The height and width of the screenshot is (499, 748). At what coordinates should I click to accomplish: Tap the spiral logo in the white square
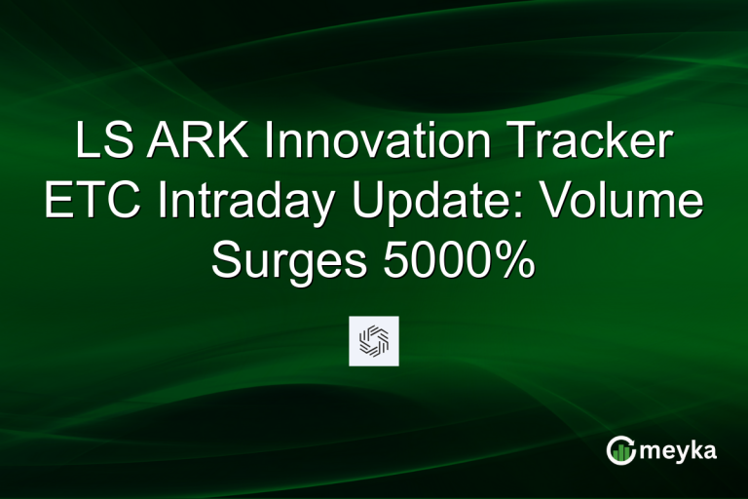point(373,340)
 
